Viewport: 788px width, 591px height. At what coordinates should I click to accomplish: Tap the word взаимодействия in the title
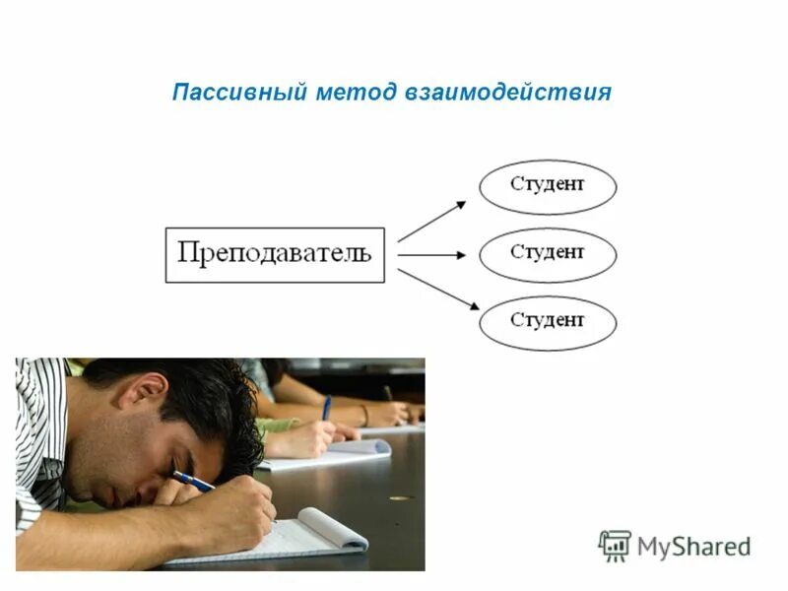(507, 93)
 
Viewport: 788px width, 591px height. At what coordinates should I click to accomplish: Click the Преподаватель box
(275, 254)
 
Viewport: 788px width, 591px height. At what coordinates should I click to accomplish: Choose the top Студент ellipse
(548, 187)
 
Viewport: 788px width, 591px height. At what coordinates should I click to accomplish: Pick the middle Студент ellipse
(548, 255)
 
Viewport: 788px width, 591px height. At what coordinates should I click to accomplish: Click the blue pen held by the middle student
(326, 407)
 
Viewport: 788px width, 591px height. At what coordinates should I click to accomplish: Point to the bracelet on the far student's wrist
(364, 415)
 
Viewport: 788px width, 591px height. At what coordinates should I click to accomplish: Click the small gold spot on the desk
(399, 497)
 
